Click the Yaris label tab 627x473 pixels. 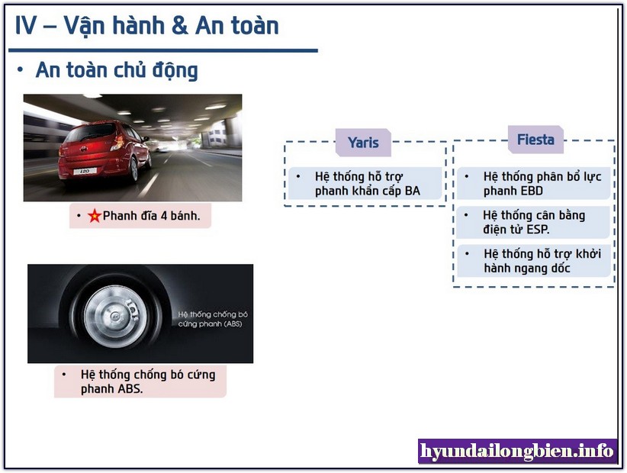pos(363,143)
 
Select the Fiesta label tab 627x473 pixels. pos(535,140)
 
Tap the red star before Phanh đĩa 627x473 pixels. pos(95,216)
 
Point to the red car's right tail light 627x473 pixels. pos(119,142)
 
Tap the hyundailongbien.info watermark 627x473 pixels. pos(516,451)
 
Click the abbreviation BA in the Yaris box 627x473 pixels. pos(412,191)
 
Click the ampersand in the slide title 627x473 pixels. pos(179,26)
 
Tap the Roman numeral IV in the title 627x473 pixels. pos(26,26)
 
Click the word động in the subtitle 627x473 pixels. pos(175,71)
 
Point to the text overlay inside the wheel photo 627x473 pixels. pos(213,319)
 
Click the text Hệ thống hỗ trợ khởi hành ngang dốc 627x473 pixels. pos(542,261)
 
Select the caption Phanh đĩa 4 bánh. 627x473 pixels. pos(151,216)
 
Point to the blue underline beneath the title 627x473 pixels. pos(163,51)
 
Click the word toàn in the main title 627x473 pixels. pos(257,26)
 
